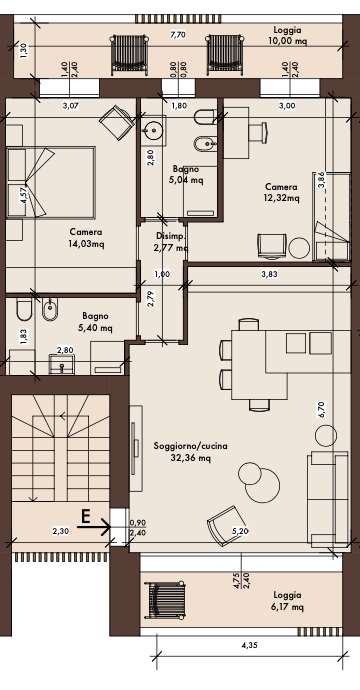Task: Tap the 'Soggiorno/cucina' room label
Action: coord(191,446)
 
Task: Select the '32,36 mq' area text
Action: coord(191,458)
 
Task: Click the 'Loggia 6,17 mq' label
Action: coord(287,601)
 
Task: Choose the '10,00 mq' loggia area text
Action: coord(287,41)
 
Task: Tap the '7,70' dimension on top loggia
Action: coord(177,36)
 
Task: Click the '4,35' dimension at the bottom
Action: coord(250,646)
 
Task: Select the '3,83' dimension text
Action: coord(270,274)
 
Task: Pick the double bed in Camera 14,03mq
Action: coord(51,183)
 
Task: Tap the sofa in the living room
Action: coord(329,499)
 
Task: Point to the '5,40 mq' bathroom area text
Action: coord(97,328)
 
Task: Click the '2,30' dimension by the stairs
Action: coord(60,531)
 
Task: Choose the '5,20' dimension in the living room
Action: coord(240,531)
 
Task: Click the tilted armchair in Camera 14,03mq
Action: coord(117,122)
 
